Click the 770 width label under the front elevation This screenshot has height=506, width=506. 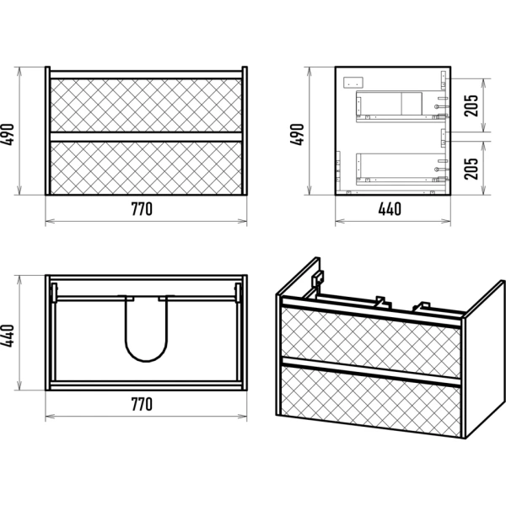142,209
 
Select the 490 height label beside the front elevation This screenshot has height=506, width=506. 8,135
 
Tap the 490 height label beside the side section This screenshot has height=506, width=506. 297,135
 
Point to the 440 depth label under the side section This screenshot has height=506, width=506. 390,209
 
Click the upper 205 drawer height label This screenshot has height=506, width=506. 471,105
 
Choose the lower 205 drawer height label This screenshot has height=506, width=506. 471,169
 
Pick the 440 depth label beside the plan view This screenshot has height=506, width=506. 8,336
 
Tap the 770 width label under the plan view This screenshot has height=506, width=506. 142,404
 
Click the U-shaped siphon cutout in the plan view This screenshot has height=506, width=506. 147,360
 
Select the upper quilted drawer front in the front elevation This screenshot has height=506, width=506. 146,105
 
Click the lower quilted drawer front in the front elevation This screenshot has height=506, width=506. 146,168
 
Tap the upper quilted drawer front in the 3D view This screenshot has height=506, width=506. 371,342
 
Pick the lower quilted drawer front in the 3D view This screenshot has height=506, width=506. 371,401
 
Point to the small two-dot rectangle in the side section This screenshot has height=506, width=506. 353,82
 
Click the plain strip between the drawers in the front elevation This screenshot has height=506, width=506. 146,137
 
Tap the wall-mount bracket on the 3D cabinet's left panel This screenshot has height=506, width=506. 318,277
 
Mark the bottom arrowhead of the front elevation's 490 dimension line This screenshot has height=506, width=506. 19,192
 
